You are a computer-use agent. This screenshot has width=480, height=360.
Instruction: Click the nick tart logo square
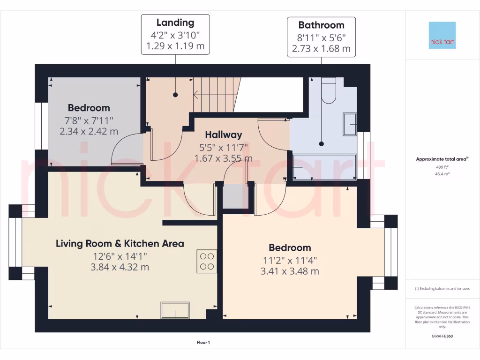point(442,35)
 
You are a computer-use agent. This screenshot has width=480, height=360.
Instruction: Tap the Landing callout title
point(175,22)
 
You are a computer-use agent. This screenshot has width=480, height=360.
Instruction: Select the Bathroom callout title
point(321,25)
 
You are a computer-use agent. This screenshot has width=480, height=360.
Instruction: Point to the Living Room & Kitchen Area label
point(120,243)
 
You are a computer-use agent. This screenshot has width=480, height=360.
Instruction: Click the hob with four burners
point(207,262)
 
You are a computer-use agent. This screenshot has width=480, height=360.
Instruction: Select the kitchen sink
point(175,310)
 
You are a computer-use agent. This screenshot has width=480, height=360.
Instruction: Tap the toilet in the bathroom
point(330,91)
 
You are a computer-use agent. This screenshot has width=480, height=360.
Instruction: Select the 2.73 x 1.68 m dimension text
point(321,48)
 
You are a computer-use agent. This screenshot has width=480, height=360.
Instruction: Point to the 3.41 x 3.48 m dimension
point(290,271)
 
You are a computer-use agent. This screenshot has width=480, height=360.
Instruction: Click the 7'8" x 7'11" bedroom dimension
point(89,120)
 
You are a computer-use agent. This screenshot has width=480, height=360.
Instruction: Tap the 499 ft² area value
point(442,166)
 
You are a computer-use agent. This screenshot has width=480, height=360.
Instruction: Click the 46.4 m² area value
point(442,173)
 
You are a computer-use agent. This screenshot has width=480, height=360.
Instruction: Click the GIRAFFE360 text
point(442,336)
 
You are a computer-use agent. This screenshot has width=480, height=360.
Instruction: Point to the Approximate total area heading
point(441,159)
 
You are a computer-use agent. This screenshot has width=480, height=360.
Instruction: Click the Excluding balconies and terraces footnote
point(442,289)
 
